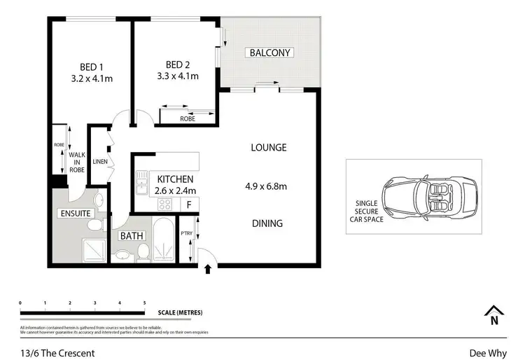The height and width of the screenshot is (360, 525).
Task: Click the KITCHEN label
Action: [x=175, y=179]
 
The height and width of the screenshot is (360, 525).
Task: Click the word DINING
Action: [x=267, y=224]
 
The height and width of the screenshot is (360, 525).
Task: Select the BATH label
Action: [x=132, y=237]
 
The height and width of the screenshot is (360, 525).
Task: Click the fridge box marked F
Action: [x=189, y=205]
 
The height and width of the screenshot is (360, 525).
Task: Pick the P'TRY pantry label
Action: [x=187, y=233]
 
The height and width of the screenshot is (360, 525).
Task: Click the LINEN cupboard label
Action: [x=99, y=162]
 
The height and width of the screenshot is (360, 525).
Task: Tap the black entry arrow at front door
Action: [x=208, y=268]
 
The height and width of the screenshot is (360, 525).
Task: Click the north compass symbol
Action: [x=494, y=315]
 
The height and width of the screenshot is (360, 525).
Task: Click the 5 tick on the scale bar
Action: [x=144, y=303]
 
